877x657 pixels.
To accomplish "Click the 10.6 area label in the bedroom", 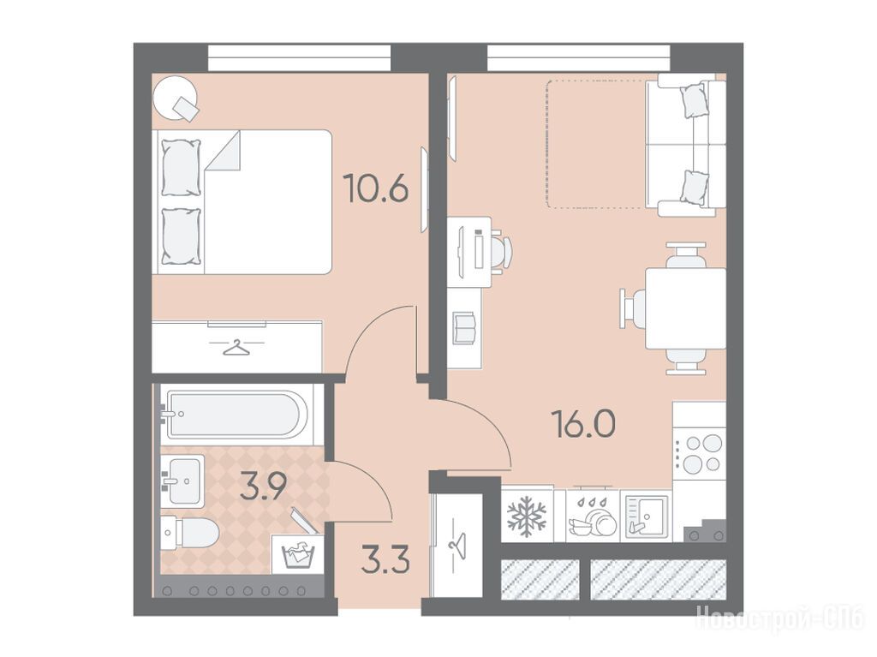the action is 376,188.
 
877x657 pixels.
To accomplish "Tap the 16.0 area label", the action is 583,423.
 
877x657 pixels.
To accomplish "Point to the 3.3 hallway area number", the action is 385,561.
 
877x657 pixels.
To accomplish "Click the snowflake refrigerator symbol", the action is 527,516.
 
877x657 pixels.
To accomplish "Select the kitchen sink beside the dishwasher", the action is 645,516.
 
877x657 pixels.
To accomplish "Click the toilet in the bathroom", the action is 189,532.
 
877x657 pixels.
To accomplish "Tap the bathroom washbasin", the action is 183,481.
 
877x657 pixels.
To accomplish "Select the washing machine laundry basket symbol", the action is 299,554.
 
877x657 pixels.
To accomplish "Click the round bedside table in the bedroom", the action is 176,97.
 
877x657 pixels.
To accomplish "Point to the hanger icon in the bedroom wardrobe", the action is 236,348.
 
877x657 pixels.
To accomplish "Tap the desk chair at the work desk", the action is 500,253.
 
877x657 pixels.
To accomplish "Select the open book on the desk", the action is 465,328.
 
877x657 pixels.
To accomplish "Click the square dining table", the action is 686,308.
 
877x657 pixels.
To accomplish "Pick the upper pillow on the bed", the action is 181,167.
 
